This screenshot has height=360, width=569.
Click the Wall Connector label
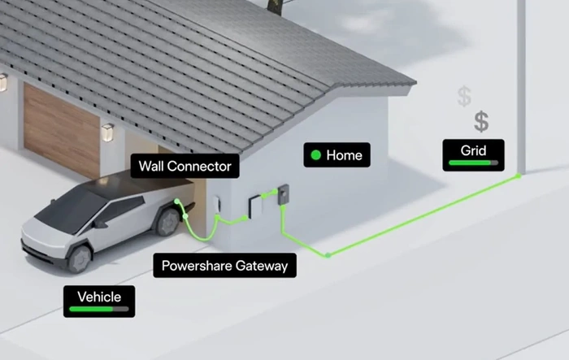pyautogui.click(x=185, y=167)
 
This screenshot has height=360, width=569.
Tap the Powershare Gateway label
pyautogui.click(x=224, y=266)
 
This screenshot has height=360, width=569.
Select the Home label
pyautogui.click(x=337, y=155)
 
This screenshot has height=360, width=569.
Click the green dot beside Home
pyautogui.click(x=316, y=155)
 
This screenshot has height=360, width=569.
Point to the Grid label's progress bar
pyautogui.click(x=473, y=163)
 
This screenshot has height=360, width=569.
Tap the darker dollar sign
pyautogui.click(x=481, y=122)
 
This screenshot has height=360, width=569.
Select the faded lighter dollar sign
pyautogui.click(x=464, y=96)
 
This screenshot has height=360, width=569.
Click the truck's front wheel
pyautogui.click(x=80, y=258)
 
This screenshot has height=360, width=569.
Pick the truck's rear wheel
pyautogui.click(x=167, y=222)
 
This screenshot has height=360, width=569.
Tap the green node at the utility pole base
pyautogui.click(x=519, y=176)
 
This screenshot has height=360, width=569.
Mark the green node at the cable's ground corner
pyautogui.click(x=328, y=255)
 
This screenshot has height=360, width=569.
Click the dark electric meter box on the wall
pyautogui.click(x=283, y=194)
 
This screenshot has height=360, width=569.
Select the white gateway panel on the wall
pyautogui.click(x=255, y=207)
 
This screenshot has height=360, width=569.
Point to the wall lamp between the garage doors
pyautogui.click(x=108, y=132)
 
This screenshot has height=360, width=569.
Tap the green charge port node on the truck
pyautogui.click(x=176, y=201)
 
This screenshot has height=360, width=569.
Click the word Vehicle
pyautogui.click(x=99, y=297)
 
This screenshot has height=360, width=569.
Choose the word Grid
pyautogui.click(x=473, y=150)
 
